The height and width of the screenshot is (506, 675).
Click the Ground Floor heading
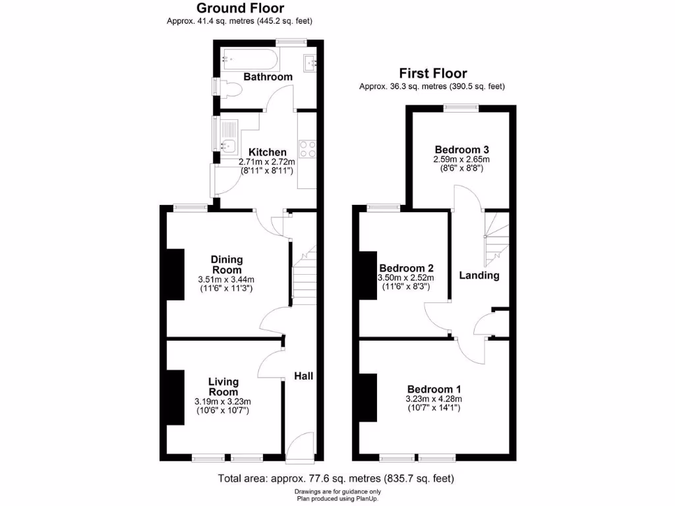(x=240, y=9)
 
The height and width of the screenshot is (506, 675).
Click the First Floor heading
(x=432, y=73)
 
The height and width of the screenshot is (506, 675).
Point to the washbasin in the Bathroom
(x=310, y=63)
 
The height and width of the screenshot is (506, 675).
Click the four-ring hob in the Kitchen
(x=307, y=148)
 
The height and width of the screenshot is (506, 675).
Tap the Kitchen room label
(x=267, y=152)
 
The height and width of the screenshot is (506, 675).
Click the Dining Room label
(x=226, y=264)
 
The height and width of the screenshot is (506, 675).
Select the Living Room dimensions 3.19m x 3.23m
(x=223, y=402)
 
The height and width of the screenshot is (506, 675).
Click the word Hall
(x=303, y=376)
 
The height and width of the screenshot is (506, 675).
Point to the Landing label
(x=479, y=275)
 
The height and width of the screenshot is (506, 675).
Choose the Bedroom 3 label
(x=461, y=149)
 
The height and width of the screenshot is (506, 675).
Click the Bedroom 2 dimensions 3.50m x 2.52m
(x=406, y=279)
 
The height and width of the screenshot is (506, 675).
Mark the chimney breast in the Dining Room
(x=175, y=275)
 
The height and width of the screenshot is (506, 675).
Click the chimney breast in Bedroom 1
(x=367, y=397)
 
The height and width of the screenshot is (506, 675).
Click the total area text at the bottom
(x=336, y=478)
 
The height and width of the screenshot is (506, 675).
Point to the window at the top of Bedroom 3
(x=461, y=107)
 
